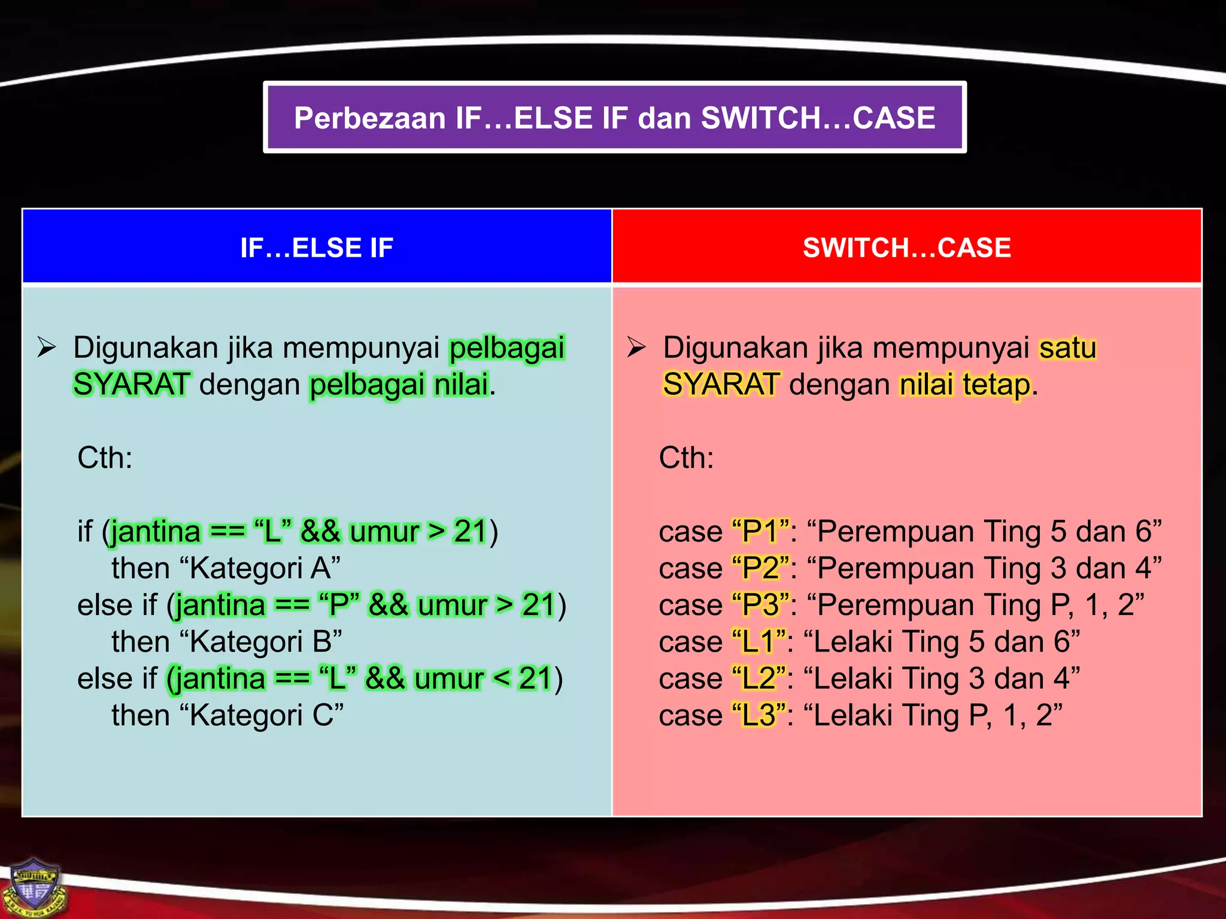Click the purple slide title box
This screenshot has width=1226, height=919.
coord(615,117)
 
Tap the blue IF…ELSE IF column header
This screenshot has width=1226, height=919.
coord(317,247)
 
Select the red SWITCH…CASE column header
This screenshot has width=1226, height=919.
coord(907,247)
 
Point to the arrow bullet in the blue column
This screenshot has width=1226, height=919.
coord(47,348)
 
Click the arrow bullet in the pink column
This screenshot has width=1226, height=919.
coord(636,348)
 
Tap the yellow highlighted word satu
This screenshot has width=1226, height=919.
coord(1067,348)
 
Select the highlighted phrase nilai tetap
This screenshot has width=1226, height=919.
coord(965,385)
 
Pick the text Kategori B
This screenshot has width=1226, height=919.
coord(265,641)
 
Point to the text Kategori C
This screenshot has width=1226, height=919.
coord(266,715)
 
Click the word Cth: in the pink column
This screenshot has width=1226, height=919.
coord(686,458)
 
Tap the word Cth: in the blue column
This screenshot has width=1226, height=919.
coord(105,458)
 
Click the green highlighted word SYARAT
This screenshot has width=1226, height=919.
coord(131,385)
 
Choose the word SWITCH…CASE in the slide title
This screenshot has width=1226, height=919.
coord(818,118)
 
